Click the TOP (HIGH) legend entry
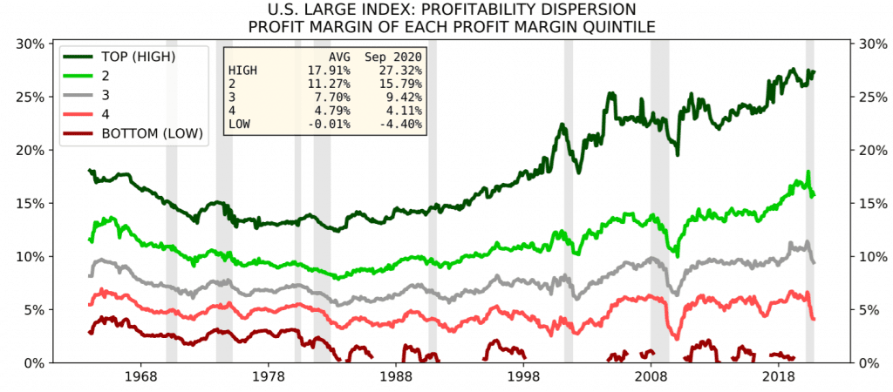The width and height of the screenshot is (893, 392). (x=120, y=57)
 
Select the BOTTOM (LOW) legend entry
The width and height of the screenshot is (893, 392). (x=133, y=134)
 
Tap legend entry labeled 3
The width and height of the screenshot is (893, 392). (x=86, y=96)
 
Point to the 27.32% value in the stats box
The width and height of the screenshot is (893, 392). (x=403, y=71)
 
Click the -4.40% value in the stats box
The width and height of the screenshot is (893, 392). (x=403, y=124)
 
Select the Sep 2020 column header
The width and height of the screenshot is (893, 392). (x=393, y=57)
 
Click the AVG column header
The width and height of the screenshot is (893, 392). (x=340, y=57)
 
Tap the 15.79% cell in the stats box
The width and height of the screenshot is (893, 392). (x=403, y=84)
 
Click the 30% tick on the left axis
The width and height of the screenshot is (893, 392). (x=27, y=44)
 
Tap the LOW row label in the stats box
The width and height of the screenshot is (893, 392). (x=238, y=124)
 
